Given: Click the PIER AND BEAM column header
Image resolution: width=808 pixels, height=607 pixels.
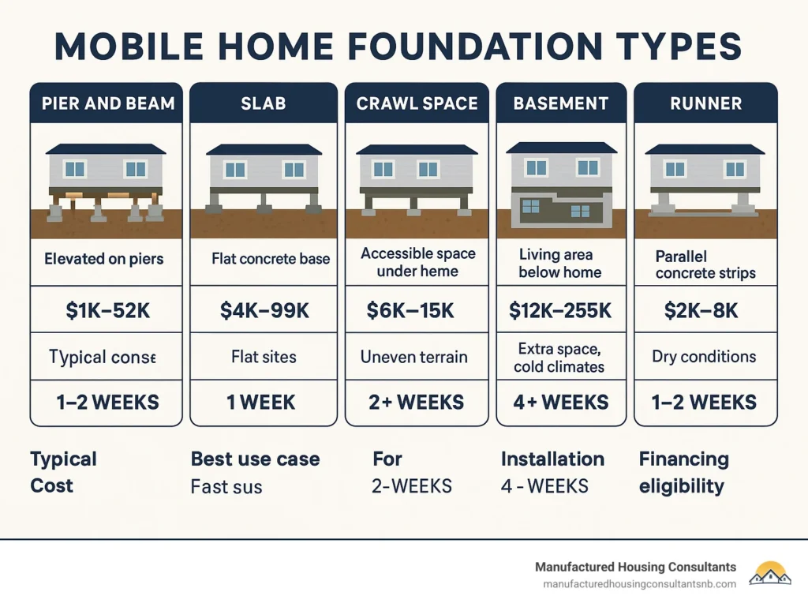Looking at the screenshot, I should pos(107,104).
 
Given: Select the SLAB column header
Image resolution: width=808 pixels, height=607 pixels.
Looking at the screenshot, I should pos(264,104).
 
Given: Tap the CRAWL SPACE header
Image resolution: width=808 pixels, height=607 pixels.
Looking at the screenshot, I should pos(417,104).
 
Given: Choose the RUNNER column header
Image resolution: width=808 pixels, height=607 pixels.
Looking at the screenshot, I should pos(705,104).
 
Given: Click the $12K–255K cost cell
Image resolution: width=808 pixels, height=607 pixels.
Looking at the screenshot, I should pos(560,311).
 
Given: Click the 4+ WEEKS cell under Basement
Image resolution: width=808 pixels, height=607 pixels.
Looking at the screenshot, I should pos(560,402).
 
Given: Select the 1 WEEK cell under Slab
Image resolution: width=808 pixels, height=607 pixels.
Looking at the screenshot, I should pos(260,402).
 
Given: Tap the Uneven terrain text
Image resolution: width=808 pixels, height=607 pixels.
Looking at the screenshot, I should pos(413,357).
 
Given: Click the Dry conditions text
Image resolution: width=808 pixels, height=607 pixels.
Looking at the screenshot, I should pos(704,357).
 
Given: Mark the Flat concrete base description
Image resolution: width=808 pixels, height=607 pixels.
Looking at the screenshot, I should pos(271,258).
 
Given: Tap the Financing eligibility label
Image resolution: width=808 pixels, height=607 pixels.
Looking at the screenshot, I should pos(683,472).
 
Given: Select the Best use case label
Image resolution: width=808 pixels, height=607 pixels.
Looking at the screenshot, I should pos(255,459).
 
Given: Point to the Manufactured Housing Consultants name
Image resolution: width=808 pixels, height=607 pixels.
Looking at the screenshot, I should pos(635,567).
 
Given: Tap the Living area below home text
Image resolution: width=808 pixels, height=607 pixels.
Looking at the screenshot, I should pos(559,264).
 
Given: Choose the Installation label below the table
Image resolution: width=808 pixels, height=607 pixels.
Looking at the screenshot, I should pos(552,459).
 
